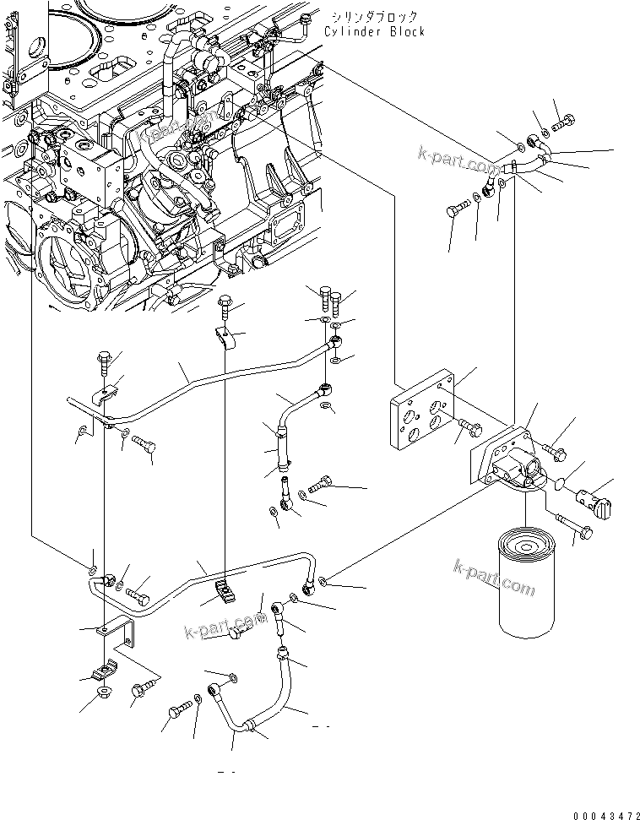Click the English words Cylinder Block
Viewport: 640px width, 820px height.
click(x=374, y=31)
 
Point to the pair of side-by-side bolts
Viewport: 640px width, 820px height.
click(x=331, y=298)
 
